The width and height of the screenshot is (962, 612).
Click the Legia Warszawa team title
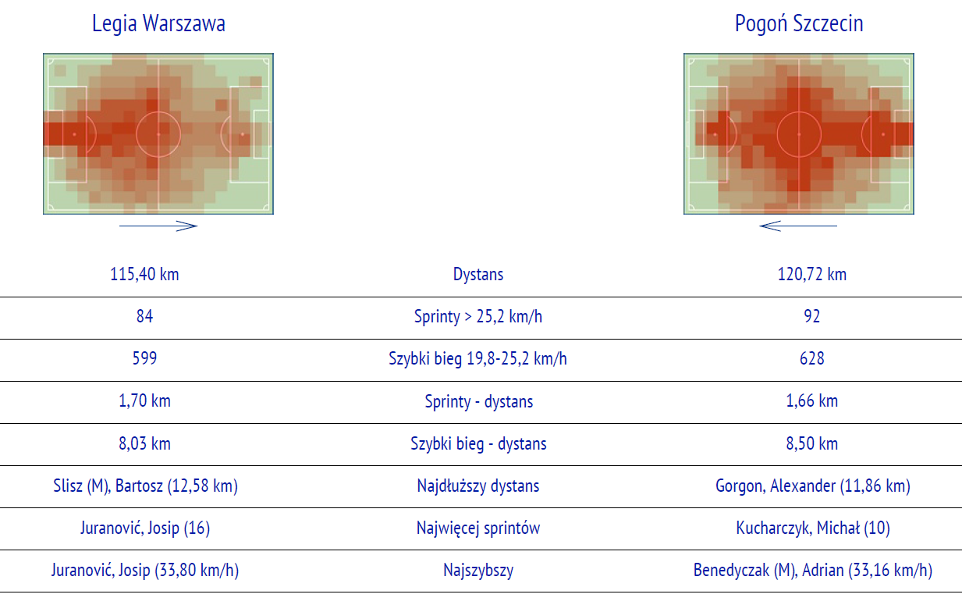point(158,24)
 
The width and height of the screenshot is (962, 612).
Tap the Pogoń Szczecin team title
point(799,24)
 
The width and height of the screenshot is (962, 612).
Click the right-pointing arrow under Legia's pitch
point(158,226)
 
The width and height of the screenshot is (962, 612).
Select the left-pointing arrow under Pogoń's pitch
point(798,226)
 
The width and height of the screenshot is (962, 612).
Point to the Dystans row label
point(478,274)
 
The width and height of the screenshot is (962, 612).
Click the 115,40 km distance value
point(144,274)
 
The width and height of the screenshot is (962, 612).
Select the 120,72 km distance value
point(811,274)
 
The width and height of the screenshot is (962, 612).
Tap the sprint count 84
point(145,316)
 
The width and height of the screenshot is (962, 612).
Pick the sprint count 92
point(811,316)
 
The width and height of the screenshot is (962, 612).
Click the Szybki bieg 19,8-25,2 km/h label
point(477,358)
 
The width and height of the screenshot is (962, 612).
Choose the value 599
point(145,358)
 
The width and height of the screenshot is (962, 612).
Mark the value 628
point(811,358)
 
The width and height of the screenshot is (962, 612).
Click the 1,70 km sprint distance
point(145,400)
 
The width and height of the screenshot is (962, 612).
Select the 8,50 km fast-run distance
point(811,443)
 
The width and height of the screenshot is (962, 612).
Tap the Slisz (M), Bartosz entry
point(145,486)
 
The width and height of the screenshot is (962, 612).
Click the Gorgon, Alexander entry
point(812,486)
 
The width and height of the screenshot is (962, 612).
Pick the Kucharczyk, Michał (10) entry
point(812,528)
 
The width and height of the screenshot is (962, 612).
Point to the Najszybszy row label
point(478,571)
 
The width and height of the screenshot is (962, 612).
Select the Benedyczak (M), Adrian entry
point(812,571)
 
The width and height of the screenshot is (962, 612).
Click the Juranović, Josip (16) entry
point(145,528)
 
